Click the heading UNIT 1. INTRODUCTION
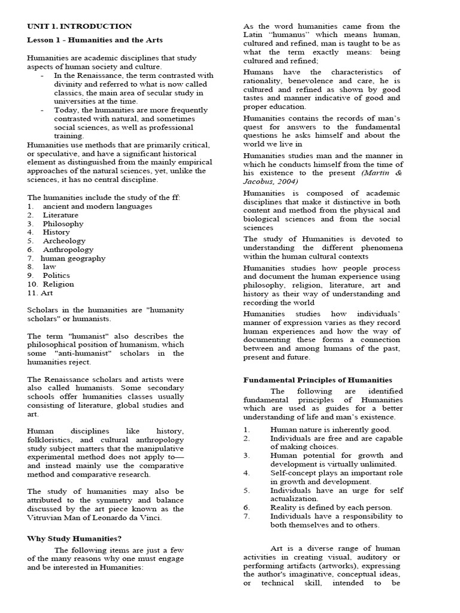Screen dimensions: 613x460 coord(79,26)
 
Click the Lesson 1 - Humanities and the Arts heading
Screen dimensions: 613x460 coord(95,40)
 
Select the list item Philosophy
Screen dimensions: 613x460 coord(63,223)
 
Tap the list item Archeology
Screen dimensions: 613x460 coord(64,241)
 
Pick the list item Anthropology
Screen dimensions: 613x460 coord(68,249)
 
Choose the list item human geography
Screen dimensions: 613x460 coord(72,258)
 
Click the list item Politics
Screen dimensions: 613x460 coord(56,275)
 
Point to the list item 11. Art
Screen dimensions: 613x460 coord(40,293)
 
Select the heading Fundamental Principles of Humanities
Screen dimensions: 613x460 coord(317,380)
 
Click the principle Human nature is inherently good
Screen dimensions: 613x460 coord(330,429)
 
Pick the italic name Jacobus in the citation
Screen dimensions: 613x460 coord(259,181)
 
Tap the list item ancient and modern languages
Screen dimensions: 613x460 coord(97,206)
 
